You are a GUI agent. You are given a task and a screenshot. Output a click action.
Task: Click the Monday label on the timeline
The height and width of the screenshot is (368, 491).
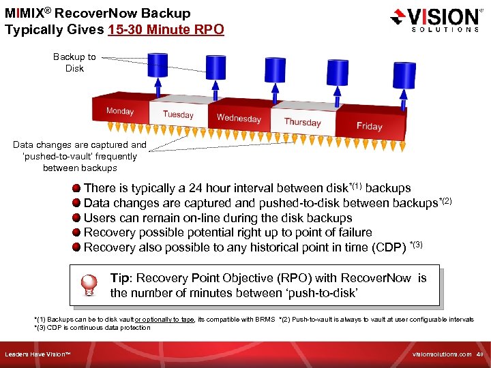click(120, 111)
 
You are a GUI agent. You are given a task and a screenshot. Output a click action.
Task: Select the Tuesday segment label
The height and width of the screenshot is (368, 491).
click(178, 114)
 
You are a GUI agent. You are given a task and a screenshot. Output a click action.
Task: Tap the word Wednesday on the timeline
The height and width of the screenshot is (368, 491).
click(239, 118)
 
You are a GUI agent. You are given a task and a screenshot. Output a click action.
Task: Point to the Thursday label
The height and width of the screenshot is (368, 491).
click(302, 122)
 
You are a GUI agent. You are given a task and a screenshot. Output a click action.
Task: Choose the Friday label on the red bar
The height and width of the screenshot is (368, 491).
click(369, 126)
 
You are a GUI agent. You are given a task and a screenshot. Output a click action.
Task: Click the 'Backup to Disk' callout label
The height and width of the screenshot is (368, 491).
click(74, 63)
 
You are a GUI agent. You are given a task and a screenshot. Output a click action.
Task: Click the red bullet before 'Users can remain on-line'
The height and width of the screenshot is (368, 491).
click(76, 218)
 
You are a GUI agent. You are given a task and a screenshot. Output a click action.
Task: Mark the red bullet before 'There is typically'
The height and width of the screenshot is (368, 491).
click(76, 188)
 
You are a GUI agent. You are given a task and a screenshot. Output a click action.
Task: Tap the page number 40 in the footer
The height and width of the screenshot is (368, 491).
click(481, 354)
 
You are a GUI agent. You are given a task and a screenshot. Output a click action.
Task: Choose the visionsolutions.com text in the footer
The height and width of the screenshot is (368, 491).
click(442, 354)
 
